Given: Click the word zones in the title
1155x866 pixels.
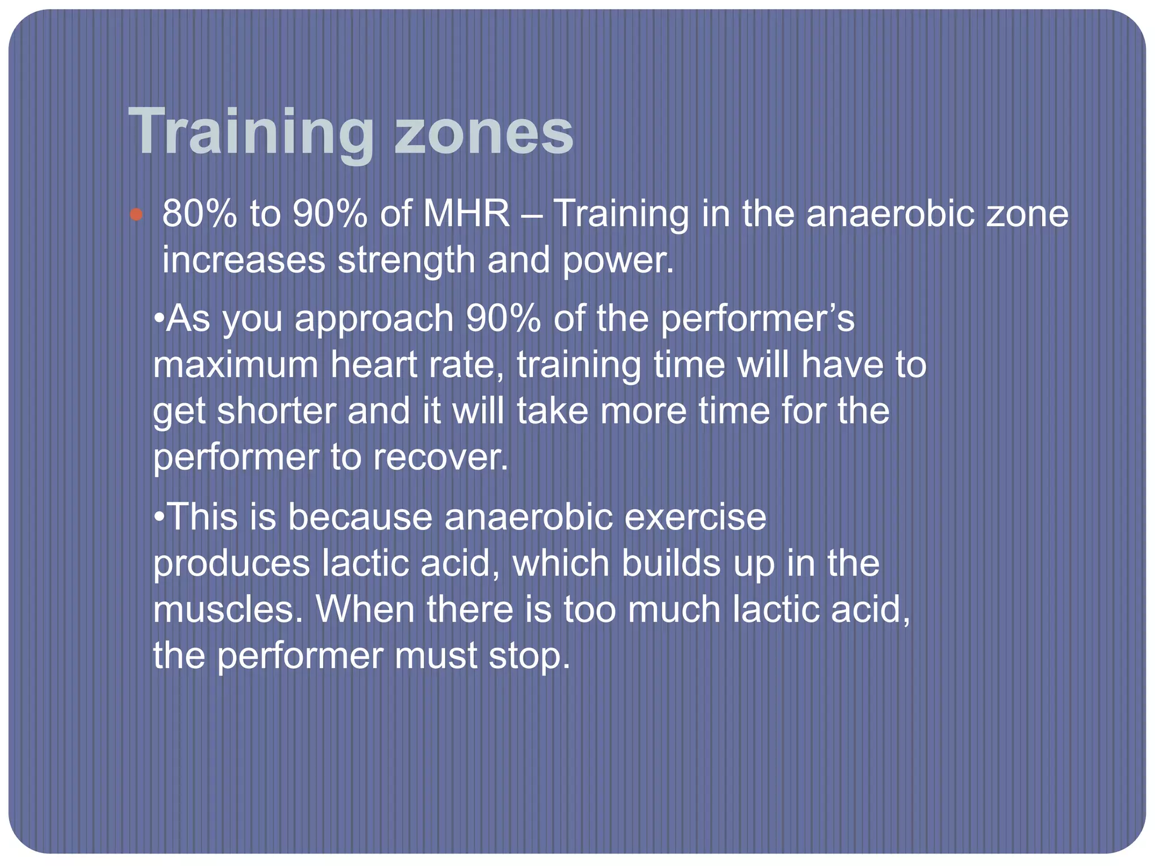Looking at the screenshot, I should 484,133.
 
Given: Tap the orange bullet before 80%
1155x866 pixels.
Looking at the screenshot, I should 136,214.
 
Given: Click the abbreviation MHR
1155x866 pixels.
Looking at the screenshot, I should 467,214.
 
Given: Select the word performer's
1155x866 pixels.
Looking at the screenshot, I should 757,319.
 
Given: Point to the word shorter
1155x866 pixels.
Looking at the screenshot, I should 276,411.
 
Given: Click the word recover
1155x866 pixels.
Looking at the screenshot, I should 440,457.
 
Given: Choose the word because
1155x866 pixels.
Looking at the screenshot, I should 360,517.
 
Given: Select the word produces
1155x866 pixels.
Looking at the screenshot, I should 232,564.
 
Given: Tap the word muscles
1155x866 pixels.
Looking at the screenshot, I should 228,610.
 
